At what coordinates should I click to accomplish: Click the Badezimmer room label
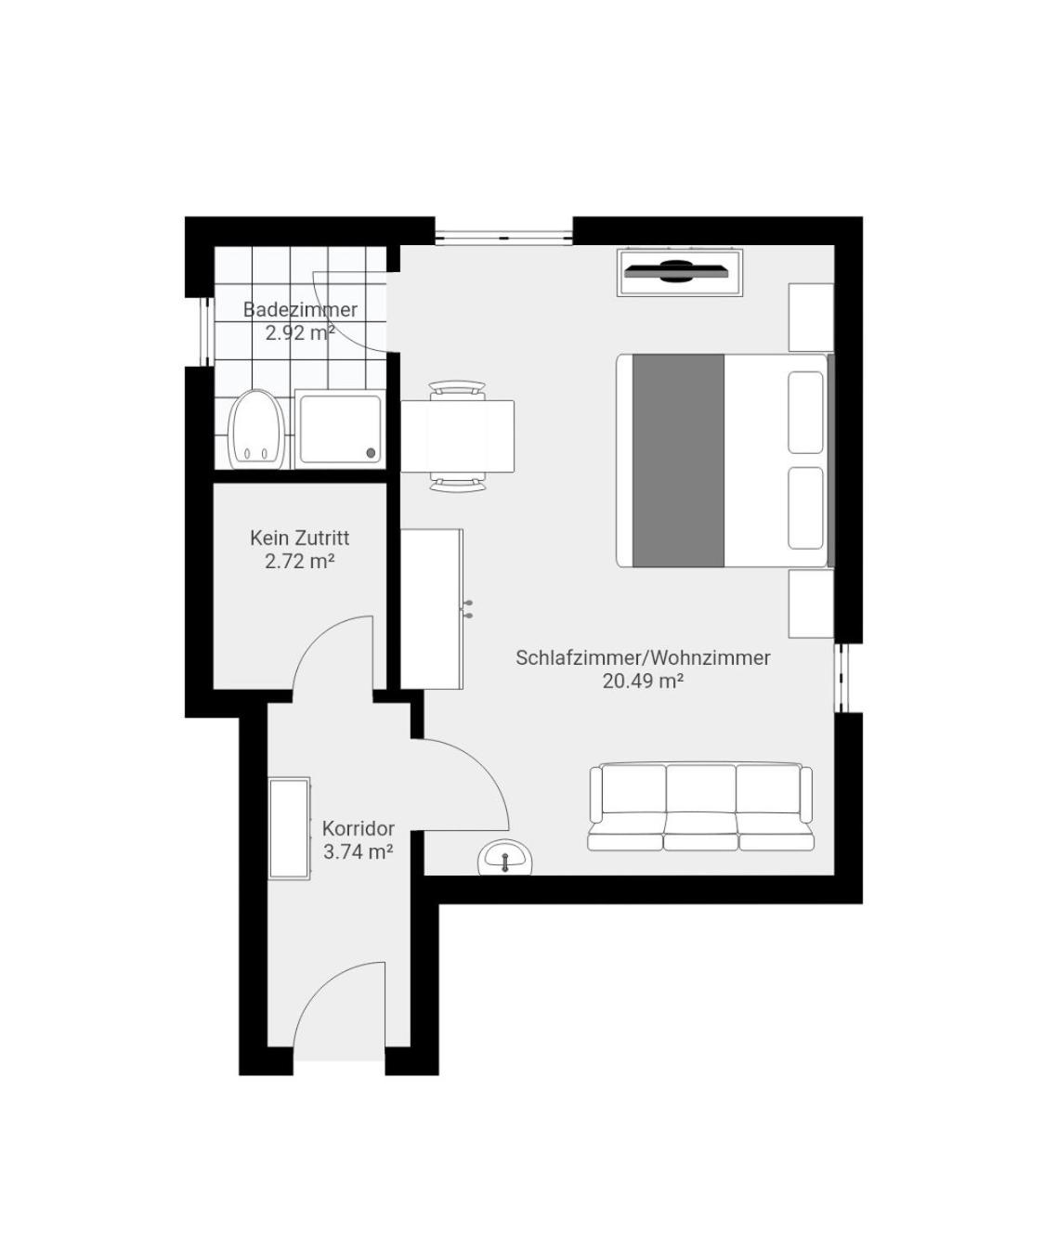[x=300, y=309]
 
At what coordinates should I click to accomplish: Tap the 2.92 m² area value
[x=300, y=332]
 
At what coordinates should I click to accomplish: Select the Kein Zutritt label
[x=300, y=538]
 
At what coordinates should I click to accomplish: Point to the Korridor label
[x=359, y=828]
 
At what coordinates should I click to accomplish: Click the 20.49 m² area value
[x=643, y=681]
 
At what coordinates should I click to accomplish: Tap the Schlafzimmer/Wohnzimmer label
[x=643, y=658]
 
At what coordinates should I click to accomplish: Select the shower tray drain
[x=371, y=453]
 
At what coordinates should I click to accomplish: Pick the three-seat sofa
[x=700, y=808]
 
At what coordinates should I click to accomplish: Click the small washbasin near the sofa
[x=505, y=857]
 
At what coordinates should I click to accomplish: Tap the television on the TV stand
[x=675, y=271]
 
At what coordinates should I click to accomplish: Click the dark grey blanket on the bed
[x=678, y=461]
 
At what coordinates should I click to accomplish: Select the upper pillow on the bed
[x=805, y=412]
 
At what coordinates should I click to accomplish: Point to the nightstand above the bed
[x=812, y=318]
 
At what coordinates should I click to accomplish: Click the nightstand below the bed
[x=812, y=604]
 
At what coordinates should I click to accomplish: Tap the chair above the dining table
[x=457, y=390]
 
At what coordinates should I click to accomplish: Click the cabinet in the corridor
[x=290, y=828]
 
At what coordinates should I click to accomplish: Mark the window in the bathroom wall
[x=207, y=331]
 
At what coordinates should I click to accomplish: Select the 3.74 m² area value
[x=359, y=851]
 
